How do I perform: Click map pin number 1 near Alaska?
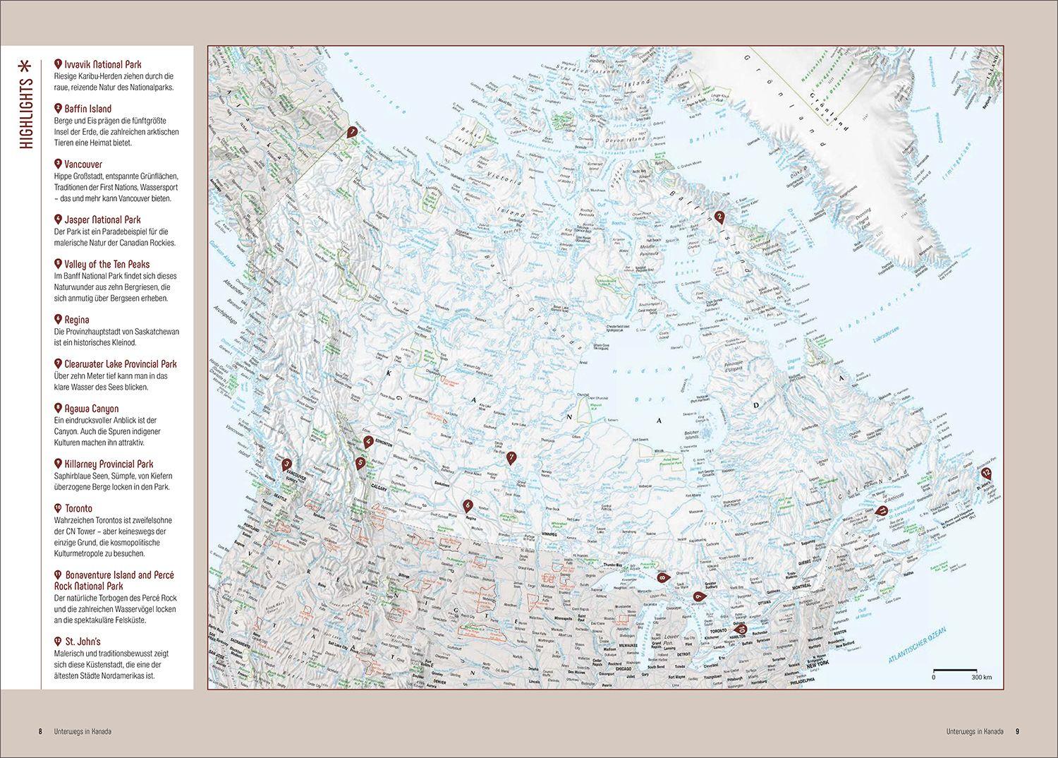point(351,131)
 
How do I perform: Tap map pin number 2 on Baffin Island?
point(719,217)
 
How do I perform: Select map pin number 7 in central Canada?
point(511,457)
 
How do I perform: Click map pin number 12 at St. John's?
point(986,474)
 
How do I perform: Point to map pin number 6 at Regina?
point(468,505)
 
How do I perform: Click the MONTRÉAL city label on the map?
point(801,586)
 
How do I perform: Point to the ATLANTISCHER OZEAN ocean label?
point(915,645)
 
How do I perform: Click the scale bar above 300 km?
point(955,669)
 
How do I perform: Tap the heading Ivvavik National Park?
point(103,64)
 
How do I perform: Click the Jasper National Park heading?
point(103,219)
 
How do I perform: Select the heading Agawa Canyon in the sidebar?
point(92,409)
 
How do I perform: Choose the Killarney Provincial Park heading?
point(109,464)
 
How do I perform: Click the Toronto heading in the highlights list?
point(78,508)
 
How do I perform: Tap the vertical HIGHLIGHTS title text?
point(26,112)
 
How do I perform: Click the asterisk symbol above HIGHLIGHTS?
point(26,66)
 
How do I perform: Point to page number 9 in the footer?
point(1017,731)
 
